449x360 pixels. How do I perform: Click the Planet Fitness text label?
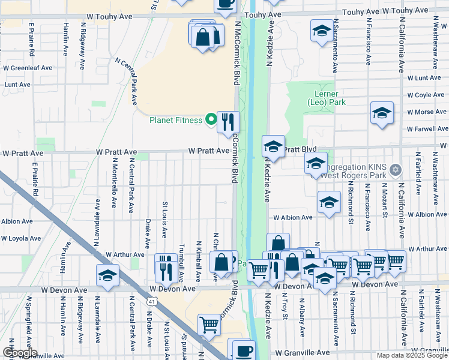coord(175,119)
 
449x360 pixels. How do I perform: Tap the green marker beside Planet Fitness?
coord(210,119)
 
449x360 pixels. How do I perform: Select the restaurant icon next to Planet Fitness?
coord(228,122)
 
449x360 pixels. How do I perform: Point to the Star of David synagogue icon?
coord(394,170)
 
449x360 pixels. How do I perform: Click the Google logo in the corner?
coord(19,353)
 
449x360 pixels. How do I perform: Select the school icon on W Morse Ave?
coord(382,113)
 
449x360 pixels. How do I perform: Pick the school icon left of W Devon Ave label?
coord(108,275)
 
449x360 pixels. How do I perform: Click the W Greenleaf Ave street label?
coord(28,68)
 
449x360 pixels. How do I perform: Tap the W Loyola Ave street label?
coord(21,238)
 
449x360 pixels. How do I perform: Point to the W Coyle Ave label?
coord(426,95)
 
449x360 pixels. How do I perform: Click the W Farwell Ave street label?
coord(427,129)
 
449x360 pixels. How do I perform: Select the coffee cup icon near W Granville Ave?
coord(243,350)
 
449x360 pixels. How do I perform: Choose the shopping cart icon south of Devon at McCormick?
coord(209,325)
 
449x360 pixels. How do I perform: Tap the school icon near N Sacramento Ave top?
coord(322,30)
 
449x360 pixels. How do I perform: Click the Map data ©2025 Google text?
coord(412,355)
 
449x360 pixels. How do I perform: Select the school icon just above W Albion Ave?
coord(329,203)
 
